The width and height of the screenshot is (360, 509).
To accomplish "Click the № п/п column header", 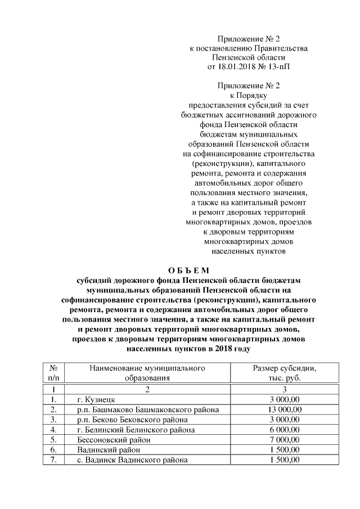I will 53,373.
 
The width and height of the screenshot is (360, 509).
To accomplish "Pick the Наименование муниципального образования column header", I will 147,373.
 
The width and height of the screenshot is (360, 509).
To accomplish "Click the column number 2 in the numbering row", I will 147,389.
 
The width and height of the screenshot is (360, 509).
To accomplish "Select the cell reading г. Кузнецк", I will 96,399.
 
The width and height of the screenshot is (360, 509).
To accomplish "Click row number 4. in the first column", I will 53,430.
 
